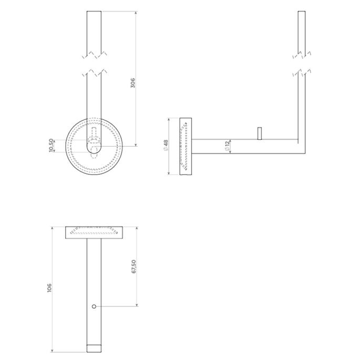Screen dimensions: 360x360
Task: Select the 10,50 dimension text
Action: (50, 145)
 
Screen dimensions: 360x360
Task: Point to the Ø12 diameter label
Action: (226, 147)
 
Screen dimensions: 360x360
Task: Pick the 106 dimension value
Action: (49, 288)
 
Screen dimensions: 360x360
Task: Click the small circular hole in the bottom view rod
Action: (94, 306)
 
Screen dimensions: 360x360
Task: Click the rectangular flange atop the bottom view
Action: (94, 232)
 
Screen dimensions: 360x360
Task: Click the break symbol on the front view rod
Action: (94, 63)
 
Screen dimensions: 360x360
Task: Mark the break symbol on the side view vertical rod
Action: (301, 63)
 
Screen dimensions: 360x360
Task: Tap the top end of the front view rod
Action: (94, 12)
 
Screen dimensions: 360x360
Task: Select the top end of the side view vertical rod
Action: (301, 12)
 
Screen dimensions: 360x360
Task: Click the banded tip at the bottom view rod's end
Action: (94, 348)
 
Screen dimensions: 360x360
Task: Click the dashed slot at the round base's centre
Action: (94, 138)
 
